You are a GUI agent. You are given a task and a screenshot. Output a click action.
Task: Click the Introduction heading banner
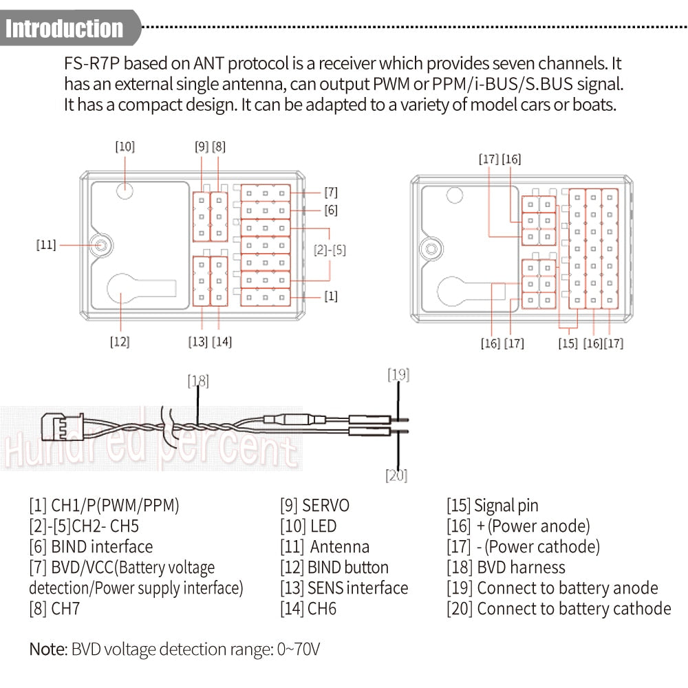click(x=65, y=28)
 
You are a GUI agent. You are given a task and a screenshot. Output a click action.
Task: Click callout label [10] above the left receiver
click(x=125, y=147)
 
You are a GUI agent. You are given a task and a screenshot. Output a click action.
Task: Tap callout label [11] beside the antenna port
click(x=46, y=244)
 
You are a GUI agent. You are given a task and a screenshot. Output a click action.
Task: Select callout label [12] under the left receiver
click(x=120, y=342)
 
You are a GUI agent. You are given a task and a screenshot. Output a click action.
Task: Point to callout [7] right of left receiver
click(x=330, y=192)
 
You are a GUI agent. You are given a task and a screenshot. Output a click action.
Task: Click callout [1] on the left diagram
click(x=330, y=297)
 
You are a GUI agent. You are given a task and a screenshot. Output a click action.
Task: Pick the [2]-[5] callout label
click(x=330, y=250)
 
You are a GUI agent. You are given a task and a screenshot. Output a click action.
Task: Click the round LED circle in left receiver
click(x=124, y=191)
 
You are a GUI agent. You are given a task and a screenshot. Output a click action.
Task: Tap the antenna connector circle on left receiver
click(x=101, y=244)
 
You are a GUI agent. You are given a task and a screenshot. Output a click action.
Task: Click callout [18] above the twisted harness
click(x=198, y=381)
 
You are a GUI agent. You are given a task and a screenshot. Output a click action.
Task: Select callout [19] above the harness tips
click(x=398, y=375)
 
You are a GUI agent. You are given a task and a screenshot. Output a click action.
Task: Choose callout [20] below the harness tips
click(x=397, y=475)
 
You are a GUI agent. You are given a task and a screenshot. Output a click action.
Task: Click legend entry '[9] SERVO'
click(x=314, y=506)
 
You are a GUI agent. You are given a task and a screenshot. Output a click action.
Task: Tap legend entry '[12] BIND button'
click(x=334, y=568)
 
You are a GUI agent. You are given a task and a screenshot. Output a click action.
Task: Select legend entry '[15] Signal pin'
click(x=492, y=506)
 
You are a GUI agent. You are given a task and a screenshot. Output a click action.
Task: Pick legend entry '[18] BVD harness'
click(x=505, y=568)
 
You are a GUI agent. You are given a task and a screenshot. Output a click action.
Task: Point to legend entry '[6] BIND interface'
click(x=91, y=547)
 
